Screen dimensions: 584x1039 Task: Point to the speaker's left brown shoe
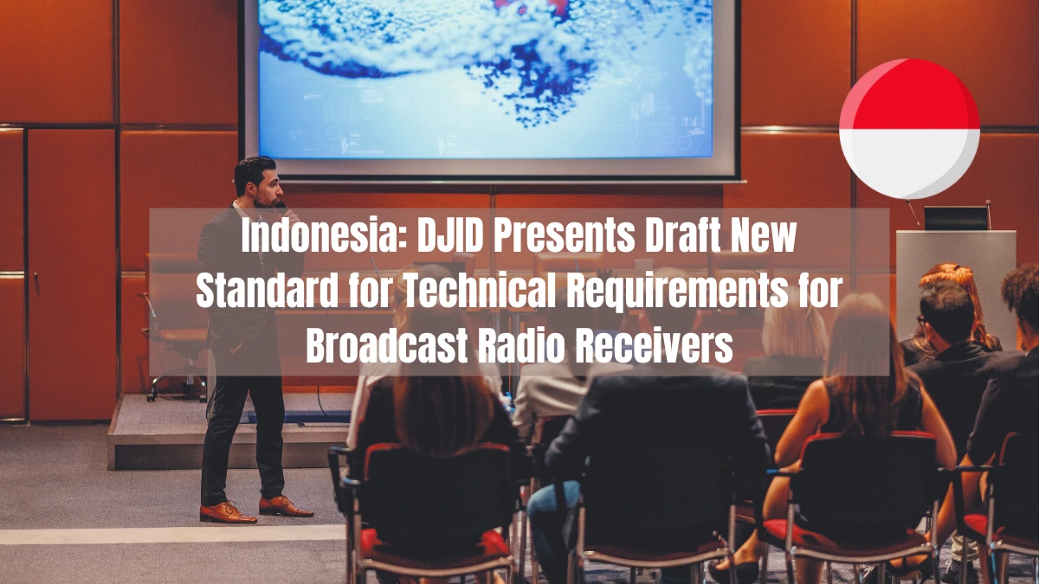coord(285,506)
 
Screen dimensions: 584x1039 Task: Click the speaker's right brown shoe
coord(227,512)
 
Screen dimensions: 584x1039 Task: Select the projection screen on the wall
coord(490,82)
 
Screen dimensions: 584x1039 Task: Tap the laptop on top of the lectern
coord(956,218)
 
